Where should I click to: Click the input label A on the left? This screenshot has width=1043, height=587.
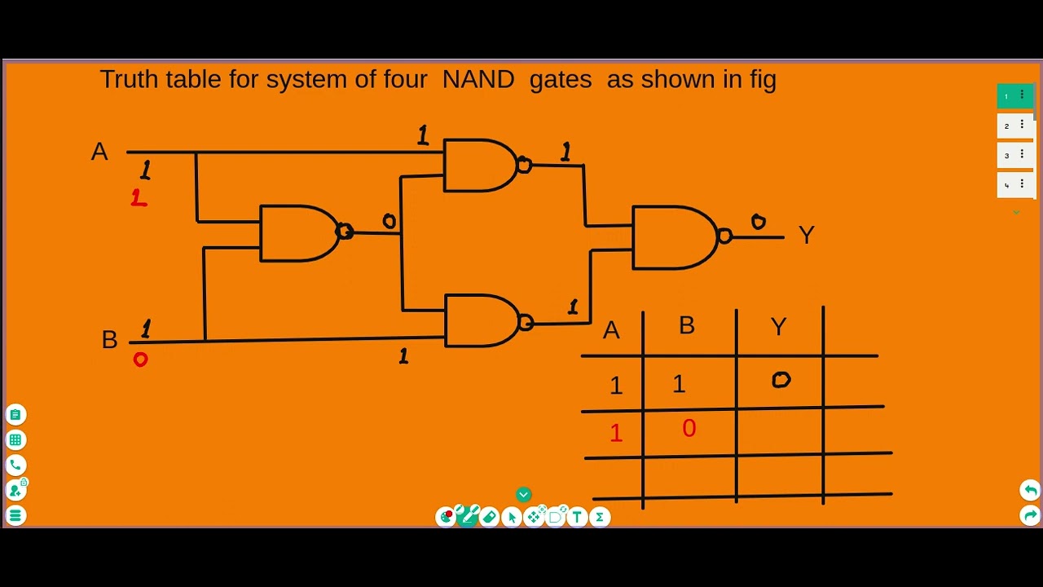click(99, 152)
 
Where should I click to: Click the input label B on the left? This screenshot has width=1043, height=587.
click(109, 340)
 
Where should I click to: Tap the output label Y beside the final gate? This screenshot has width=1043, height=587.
click(806, 236)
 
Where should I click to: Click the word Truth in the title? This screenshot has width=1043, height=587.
click(129, 79)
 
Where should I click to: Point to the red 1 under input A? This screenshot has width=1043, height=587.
click(139, 198)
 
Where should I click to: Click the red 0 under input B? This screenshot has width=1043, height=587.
click(140, 360)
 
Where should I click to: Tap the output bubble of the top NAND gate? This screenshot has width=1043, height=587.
click(524, 166)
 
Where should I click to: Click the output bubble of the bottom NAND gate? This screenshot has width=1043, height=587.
click(526, 324)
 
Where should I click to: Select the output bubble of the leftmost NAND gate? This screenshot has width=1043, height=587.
click(345, 232)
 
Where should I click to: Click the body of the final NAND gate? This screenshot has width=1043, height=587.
click(672, 237)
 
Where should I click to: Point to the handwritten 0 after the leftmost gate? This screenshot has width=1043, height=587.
click(389, 221)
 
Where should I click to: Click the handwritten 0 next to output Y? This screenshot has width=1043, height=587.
click(758, 222)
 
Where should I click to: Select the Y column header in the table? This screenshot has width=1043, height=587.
click(778, 327)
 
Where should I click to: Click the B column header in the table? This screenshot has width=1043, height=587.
click(687, 325)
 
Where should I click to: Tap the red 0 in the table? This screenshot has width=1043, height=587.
click(689, 429)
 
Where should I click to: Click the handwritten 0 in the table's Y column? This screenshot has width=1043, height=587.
click(781, 380)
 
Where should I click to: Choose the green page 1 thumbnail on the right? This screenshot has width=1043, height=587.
click(1014, 96)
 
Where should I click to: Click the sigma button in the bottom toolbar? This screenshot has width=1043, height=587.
click(600, 517)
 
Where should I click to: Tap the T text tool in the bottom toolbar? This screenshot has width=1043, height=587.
click(577, 517)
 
